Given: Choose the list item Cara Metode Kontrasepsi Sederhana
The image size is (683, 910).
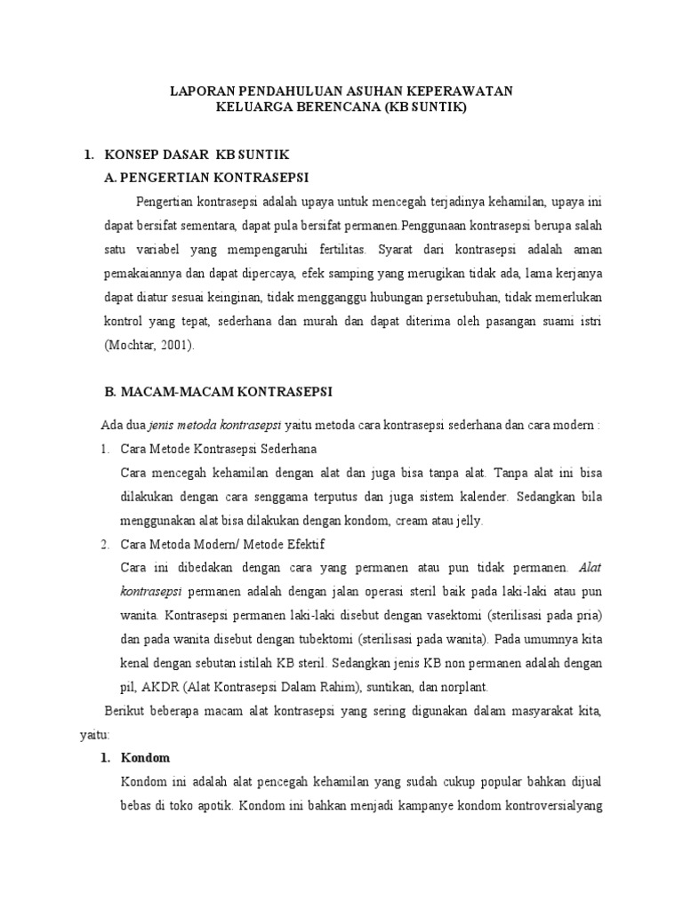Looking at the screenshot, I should [x=218, y=448].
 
